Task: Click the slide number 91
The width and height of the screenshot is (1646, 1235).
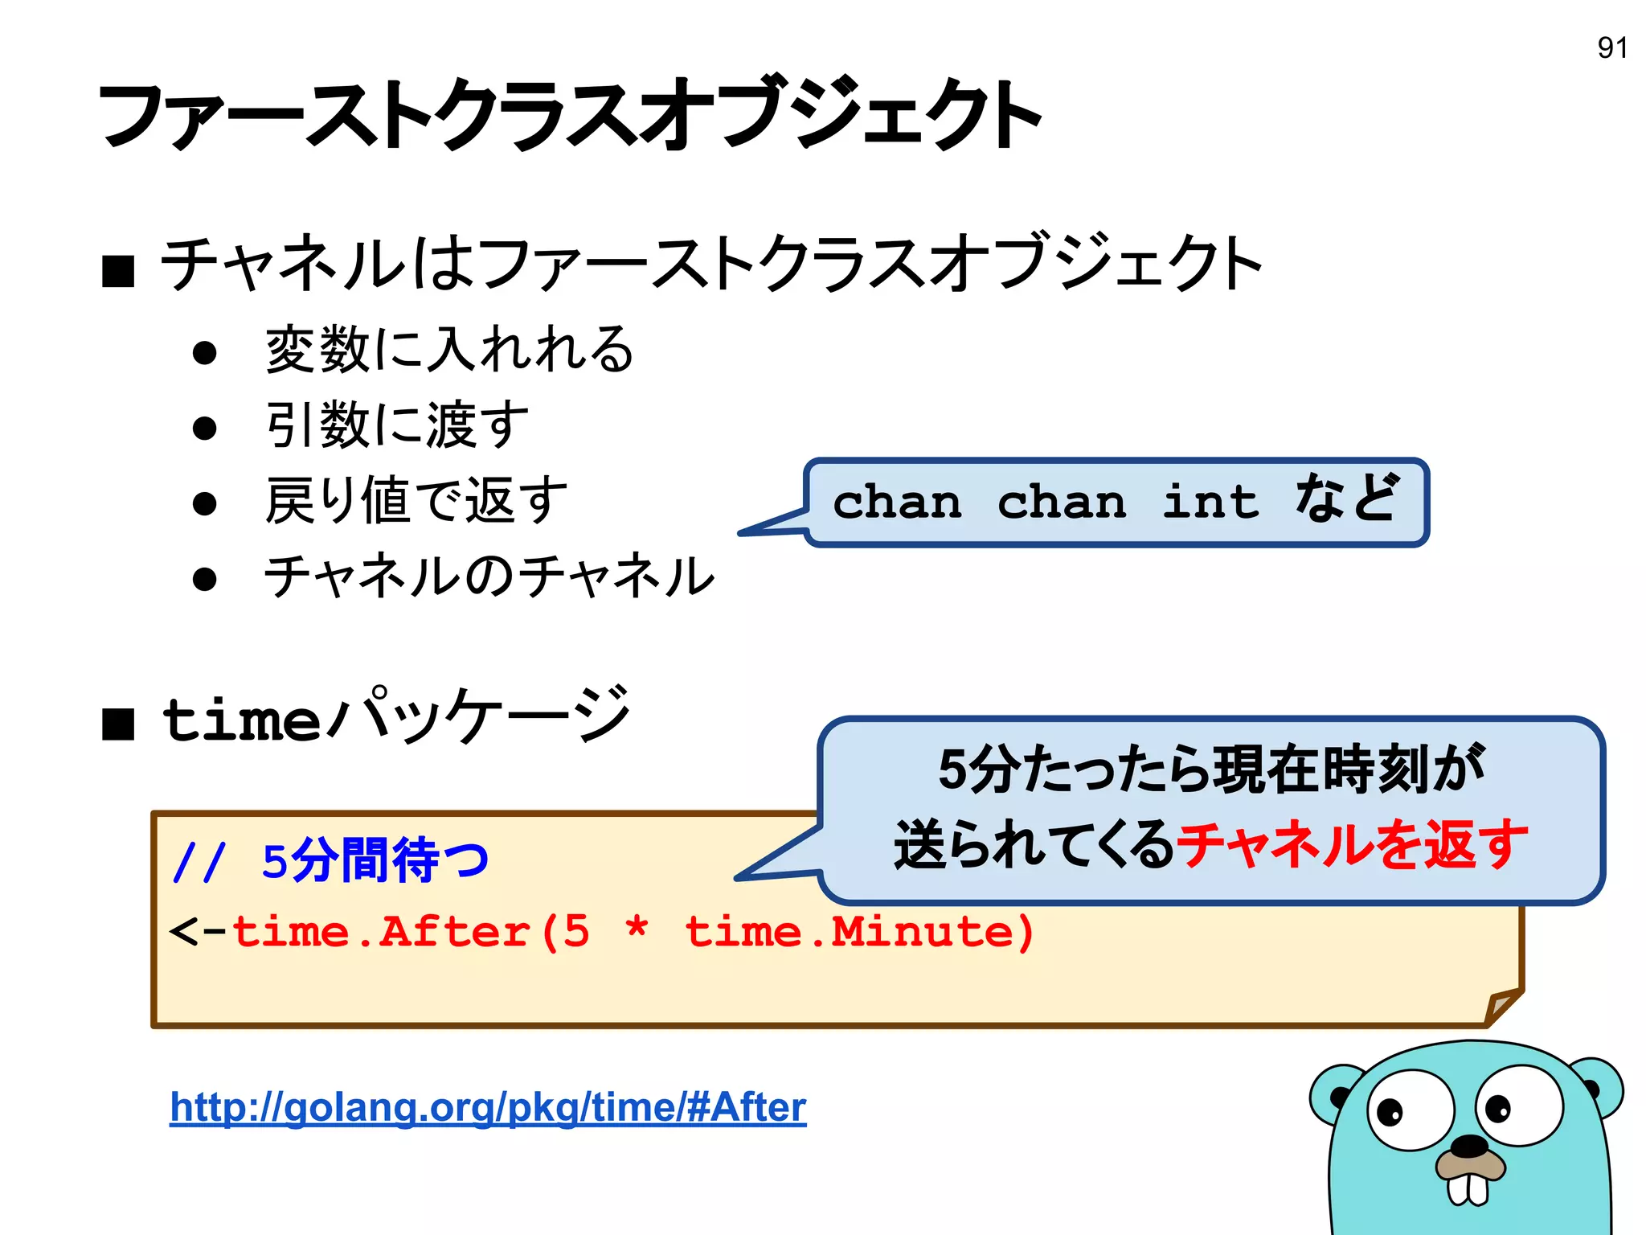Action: coord(1611,48)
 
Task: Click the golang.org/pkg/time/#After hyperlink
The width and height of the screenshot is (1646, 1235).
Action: coord(488,1107)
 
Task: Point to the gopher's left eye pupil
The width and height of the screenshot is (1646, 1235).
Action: coord(1389,1113)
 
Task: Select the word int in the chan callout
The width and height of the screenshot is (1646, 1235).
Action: coord(1210,503)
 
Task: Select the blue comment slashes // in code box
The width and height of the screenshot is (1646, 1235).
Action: coord(199,863)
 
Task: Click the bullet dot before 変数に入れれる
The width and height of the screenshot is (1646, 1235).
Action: coord(205,353)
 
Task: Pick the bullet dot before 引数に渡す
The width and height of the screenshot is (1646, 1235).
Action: coord(205,428)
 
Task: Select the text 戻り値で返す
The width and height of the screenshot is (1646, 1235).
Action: coord(416,500)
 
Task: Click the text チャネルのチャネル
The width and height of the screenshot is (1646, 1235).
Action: coord(489,576)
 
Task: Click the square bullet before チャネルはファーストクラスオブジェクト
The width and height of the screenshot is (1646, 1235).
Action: coord(118,271)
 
